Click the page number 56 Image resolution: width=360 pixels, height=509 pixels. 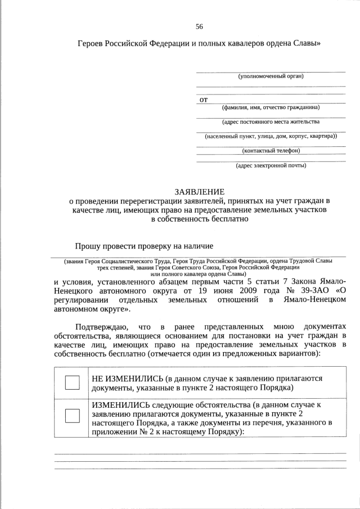pos(199,26)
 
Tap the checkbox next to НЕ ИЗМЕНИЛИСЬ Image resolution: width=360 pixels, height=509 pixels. pos(73,382)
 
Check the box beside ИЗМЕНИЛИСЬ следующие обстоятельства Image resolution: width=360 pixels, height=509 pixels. pos(73,416)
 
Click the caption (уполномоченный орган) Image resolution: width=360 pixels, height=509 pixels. pos(271,76)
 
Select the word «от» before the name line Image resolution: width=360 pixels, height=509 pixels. pos(204,100)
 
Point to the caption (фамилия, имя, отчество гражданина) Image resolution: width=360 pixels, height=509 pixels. pos(271,107)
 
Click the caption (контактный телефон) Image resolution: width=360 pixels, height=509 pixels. pos(271,150)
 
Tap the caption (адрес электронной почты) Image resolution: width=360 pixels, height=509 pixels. pos(271,165)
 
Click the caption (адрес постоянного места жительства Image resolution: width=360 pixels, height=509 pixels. pos(271,121)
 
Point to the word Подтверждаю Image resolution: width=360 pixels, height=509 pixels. pos(103,327)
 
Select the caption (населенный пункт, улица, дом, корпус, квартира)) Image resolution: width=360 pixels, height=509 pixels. pos(271,136)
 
